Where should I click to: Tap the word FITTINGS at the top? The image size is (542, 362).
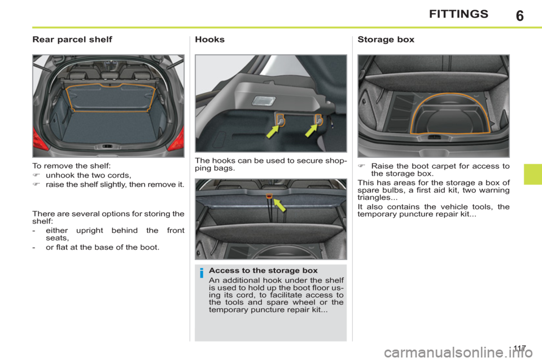tap(458, 14)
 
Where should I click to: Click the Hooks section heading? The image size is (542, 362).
tap(209, 40)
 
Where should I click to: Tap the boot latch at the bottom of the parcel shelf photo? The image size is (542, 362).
tap(108, 146)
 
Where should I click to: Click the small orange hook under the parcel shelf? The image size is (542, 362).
tap(269, 196)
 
